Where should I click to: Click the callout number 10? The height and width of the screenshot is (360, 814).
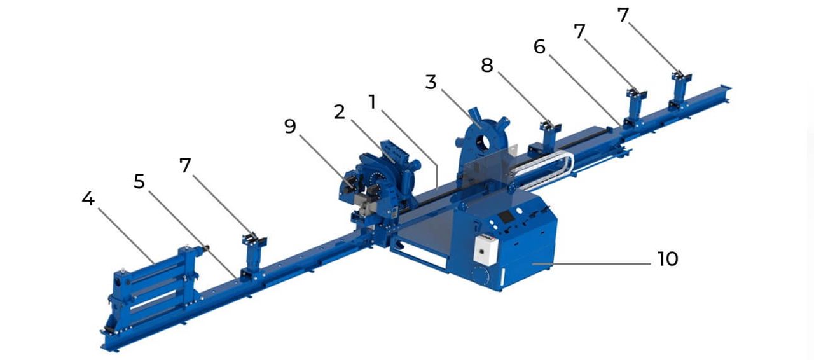click(x=668, y=259)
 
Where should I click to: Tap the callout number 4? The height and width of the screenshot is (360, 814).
click(x=88, y=199)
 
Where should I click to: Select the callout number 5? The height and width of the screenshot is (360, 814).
click(x=139, y=181)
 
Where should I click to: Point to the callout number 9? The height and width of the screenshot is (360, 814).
click(x=290, y=127)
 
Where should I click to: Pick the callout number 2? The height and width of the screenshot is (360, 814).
click(x=339, y=112)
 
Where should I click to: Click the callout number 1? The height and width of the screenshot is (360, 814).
click(x=373, y=102)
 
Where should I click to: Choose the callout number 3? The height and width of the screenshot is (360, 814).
click(x=431, y=82)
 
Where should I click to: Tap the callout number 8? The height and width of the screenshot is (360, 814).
click(x=487, y=66)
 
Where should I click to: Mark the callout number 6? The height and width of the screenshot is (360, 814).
click(x=540, y=47)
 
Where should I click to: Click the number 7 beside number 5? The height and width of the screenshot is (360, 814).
click(x=185, y=165)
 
